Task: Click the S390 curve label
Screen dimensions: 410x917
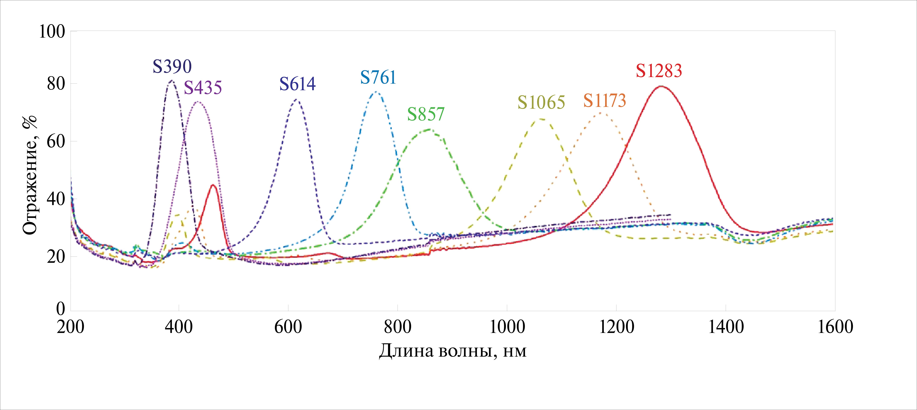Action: (x=172, y=67)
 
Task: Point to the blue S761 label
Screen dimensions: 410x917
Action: (x=378, y=78)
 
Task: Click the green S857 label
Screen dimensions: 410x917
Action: (x=426, y=114)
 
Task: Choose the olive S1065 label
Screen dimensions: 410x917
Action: (x=541, y=103)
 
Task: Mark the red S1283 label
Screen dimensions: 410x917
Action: (x=659, y=71)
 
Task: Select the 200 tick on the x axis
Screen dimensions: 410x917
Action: (x=70, y=327)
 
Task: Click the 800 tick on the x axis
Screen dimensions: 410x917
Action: (x=397, y=327)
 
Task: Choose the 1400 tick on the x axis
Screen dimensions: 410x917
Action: (x=726, y=327)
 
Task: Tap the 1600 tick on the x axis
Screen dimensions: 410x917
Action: (x=835, y=327)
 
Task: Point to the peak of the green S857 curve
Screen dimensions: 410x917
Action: (x=429, y=129)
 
